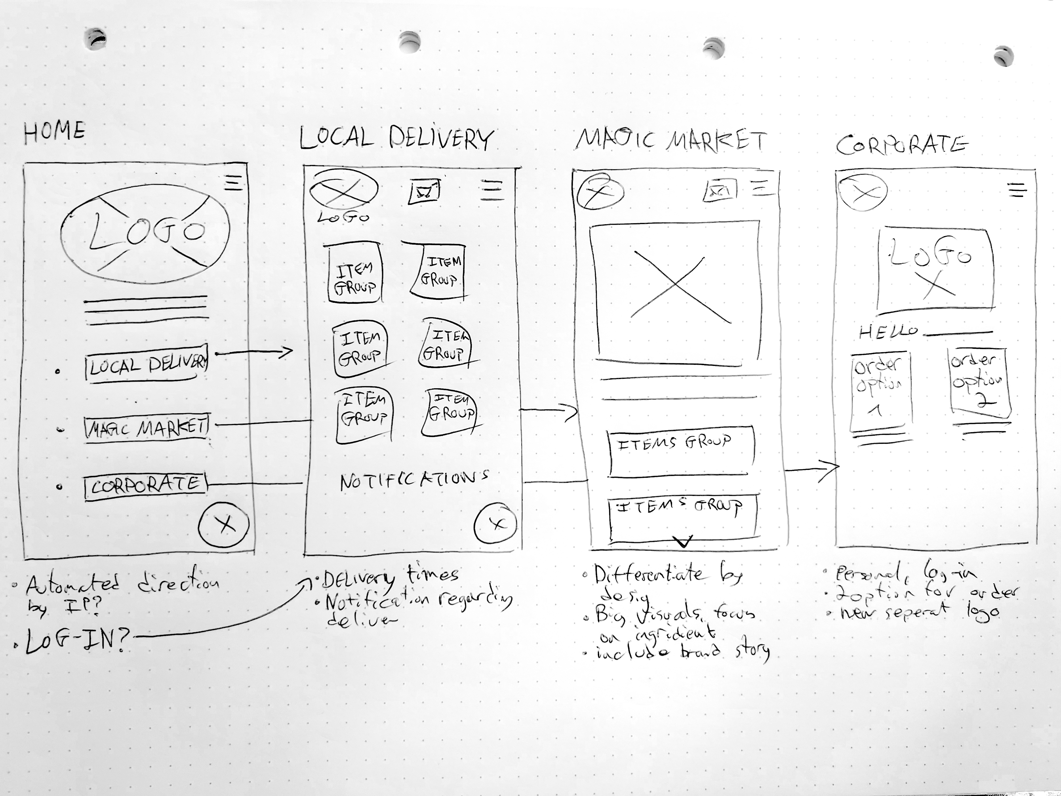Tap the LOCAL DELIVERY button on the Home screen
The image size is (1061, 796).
[x=146, y=364]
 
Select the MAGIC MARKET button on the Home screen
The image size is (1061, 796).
[x=146, y=427]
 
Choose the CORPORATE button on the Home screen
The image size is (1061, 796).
[x=145, y=486]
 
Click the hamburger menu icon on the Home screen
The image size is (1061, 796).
[x=234, y=182]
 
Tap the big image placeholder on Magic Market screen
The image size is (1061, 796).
[x=675, y=290]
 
